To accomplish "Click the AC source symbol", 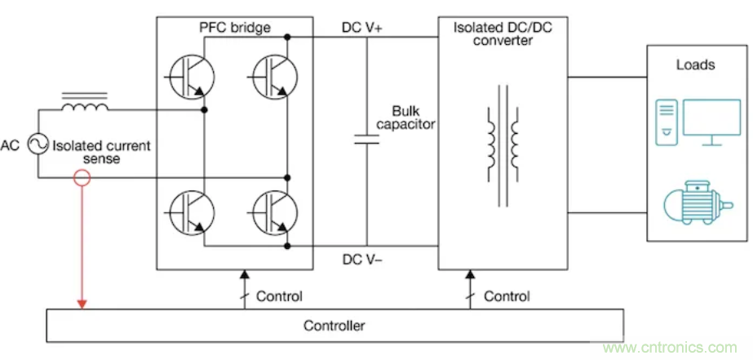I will coord(38,145).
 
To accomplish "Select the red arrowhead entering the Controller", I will coord(81,304).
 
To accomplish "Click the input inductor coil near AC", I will coord(85,108).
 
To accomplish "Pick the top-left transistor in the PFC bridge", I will coord(189,76).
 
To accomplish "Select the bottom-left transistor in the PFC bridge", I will coord(189,211).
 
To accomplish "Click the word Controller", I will coord(334,326).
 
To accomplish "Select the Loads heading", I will coord(695,64).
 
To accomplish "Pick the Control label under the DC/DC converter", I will coord(507,296).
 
